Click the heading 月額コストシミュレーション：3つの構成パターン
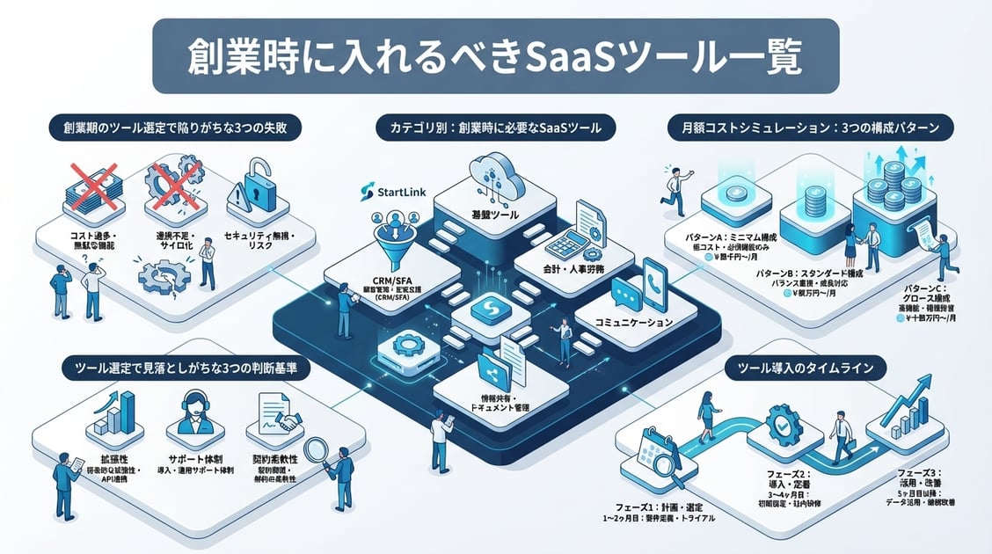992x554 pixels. click(x=806, y=128)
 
